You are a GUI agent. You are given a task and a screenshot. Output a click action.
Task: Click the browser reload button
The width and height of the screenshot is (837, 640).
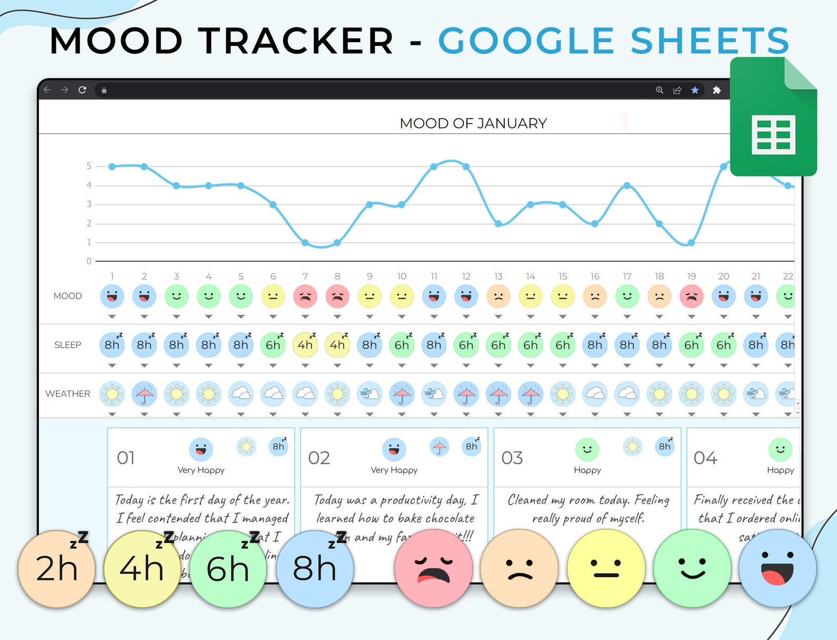(82, 90)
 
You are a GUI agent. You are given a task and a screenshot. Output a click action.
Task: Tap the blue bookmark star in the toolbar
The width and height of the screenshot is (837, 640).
(695, 90)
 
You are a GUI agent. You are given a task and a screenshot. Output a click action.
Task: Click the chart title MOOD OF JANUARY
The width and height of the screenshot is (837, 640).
(473, 123)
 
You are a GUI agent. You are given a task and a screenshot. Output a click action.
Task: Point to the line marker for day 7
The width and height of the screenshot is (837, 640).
(305, 243)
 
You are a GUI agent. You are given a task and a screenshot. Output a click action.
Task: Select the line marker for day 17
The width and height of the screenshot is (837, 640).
(627, 185)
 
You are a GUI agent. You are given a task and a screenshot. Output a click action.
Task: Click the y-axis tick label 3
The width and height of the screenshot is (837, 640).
(89, 204)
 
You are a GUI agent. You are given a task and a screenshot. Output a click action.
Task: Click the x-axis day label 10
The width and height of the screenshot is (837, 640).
(402, 277)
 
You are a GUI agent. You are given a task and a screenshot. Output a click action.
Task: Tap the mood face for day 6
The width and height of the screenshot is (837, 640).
(273, 297)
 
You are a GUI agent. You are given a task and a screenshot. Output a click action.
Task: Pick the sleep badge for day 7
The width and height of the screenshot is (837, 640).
(305, 345)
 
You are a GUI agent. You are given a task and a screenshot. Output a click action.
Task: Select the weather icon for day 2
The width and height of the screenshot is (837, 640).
(144, 394)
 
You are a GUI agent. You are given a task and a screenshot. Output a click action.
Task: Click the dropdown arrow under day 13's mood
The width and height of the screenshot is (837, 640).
(498, 317)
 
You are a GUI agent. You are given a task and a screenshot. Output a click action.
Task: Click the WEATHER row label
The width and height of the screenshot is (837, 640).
(67, 394)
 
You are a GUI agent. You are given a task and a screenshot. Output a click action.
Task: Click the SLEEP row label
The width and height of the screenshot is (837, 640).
(67, 345)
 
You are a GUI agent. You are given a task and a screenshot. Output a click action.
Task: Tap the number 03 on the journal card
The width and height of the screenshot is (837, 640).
(512, 458)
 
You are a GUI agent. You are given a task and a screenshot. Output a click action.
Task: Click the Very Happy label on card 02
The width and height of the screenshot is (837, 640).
(394, 470)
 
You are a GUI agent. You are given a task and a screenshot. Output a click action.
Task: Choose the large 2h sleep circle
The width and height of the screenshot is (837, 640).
(57, 569)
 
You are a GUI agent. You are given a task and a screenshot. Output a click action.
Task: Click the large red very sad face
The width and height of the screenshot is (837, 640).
(433, 569)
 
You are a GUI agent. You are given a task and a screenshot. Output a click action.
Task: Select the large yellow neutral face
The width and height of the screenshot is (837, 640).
(606, 569)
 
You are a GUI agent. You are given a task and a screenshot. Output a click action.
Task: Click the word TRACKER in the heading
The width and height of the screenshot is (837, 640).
(295, 41)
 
